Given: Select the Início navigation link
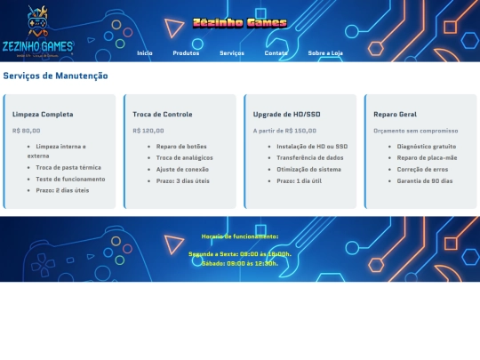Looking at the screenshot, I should click(145, 53).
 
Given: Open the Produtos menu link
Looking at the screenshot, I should click(186, 53).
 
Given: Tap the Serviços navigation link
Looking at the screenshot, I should click(232, 53).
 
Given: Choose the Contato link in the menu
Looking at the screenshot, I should click(276, 53).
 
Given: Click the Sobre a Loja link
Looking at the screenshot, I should click(325, 53).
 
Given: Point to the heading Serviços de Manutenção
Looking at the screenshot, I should click(55, 76).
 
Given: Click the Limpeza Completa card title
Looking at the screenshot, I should click(43, 115).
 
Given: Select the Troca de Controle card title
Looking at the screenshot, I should click(163, 115).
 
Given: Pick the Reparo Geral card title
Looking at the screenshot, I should click(396, 115).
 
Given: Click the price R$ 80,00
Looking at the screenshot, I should click(26, 131).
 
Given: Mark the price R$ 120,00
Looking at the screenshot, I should click(148, 131).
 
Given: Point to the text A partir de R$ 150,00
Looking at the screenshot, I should click(284, 131).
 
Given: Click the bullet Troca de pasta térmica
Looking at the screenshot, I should click(68, 167).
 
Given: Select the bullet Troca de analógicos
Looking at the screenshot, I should click(185, 157).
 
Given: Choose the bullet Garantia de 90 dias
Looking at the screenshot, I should click(425, 180).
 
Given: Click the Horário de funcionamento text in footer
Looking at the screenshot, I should click(240, 236).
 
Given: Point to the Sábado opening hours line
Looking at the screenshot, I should click(240, 263).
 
